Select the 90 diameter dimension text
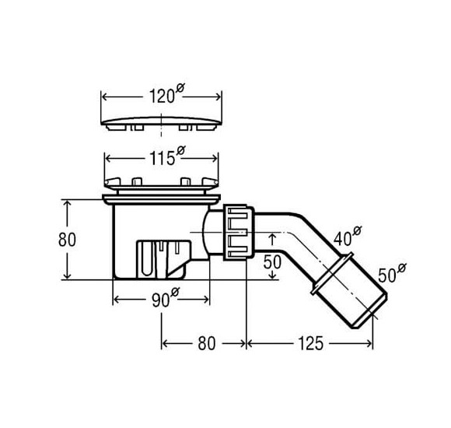coord(166,297)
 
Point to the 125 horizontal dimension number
coord(311,343)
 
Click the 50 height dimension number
coord(272,262)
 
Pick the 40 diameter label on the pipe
coord(348,236)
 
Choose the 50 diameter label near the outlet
coord(392,273)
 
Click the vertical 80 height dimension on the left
coord(67,240)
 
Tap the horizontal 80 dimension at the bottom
coord(207,343)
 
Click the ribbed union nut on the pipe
coord(239,232)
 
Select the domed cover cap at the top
coord(162,123)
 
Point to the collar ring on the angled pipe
coord(333,273)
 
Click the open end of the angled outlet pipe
coord(370,311)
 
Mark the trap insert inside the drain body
coord(163,259)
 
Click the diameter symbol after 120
coord(180,87)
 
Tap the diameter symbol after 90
coord(175,292)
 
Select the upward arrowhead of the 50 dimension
coord(273,237)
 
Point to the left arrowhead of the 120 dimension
coord(105,97)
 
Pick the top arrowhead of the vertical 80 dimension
coord(67,204)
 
